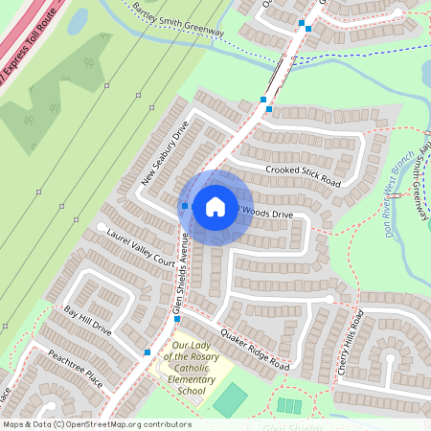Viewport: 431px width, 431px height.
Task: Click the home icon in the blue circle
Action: [x=215, y=206]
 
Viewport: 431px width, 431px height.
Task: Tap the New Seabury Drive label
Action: [x=166, y=153]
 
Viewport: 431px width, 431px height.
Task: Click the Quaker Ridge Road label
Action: [x=254, y=351]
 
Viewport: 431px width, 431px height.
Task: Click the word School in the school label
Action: [x=192, y=391]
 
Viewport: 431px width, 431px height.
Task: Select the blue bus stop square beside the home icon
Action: [x=185, y=206]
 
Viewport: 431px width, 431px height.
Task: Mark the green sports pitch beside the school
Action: [x=230, y=399]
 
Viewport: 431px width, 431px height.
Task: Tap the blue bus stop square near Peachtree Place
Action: [x=147, y=352]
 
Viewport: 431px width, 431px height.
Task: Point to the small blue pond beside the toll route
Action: [x=77, y=20]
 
